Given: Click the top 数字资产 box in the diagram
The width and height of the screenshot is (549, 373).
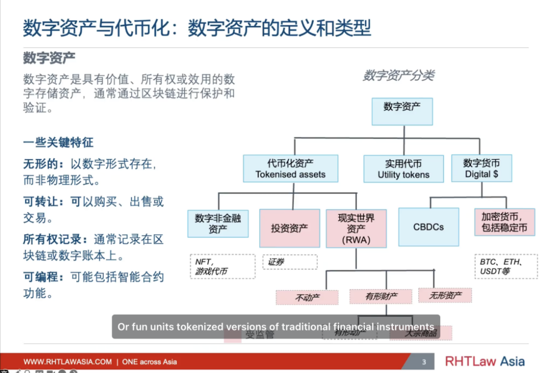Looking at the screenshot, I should point(402,111).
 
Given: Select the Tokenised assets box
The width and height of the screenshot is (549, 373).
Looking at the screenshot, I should point(290,168).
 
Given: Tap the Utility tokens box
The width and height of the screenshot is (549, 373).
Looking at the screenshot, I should point(403,169).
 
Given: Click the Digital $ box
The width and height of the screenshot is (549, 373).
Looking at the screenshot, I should point(481,168).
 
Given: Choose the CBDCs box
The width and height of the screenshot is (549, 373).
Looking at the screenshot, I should point(429,227).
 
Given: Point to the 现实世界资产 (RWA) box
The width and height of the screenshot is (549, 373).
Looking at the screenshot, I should point(356,228).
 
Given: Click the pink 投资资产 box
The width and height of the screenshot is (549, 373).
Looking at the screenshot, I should point(289,228).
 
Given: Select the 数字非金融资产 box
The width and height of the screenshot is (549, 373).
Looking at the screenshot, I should point(218,223).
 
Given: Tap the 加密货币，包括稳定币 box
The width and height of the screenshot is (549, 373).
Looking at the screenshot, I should point(504,222).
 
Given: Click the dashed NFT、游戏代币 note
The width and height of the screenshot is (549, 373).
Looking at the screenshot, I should point(222,266).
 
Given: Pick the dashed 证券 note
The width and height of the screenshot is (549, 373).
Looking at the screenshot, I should point(290,262).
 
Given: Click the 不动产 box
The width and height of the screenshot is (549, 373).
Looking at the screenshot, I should point(307,297).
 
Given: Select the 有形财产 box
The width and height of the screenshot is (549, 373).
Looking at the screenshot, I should point(381,296).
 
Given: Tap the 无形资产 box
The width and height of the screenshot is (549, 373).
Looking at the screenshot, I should point(445,295).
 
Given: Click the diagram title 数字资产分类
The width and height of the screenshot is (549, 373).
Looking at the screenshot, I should point(398,76).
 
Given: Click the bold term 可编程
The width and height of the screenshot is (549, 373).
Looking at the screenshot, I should point(41,277).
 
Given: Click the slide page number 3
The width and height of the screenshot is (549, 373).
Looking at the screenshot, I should point(424,362).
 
